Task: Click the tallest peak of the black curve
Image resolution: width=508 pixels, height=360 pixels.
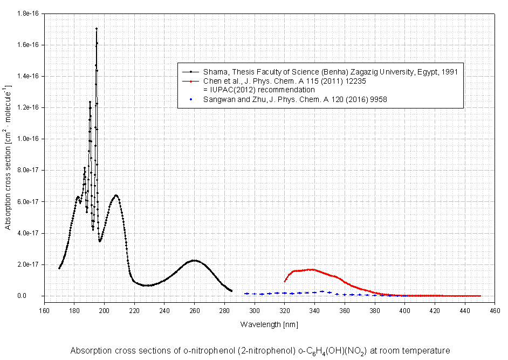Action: pyautogui.click(x=97, y=29)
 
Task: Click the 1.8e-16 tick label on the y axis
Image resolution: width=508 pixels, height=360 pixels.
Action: pyautogui.click(x=30, y=13)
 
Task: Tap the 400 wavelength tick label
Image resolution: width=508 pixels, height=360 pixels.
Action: pyautogui.click(x=406, y=310)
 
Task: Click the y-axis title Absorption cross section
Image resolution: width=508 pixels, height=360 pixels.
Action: pyautogui.click(x=8, y=157)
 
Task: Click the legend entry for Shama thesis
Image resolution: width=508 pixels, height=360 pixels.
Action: pyautogui.click(x=330, y=72)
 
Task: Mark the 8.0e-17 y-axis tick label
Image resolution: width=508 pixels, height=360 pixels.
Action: pyautogui.click(x=30, y=170)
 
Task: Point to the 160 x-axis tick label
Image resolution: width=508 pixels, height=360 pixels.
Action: pyautogui.click(x=44, y=310)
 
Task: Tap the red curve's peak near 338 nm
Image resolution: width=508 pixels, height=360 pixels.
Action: pyautogui.click(x=311, y=269)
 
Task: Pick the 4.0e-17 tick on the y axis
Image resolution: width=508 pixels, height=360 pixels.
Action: pyautogui.click(x=30, y=233)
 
